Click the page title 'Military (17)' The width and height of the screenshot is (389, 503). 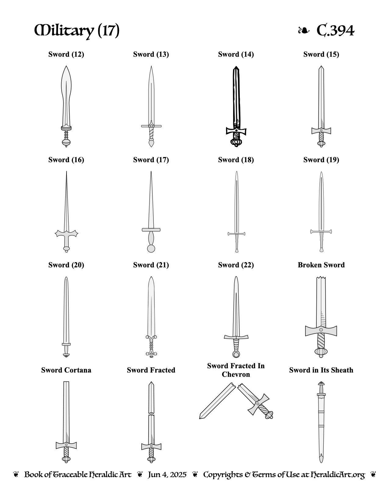77,30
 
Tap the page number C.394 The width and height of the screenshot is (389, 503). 335,30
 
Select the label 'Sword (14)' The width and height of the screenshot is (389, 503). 236,54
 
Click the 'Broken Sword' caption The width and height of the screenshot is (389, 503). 321,265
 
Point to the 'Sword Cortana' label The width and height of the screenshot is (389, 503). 66,370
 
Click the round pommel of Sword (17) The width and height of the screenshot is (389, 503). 151,249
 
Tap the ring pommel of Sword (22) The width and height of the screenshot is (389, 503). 236,355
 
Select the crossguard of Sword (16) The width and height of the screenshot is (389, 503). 67,234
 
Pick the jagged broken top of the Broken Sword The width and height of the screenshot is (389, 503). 321,278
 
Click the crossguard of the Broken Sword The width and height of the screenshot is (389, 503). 321,330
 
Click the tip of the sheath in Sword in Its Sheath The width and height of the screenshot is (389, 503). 321,462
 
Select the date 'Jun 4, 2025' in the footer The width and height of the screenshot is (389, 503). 167,475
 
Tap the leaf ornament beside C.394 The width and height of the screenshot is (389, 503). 304,30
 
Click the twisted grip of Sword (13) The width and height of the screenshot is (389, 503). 151,133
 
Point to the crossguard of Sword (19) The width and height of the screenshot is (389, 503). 321,231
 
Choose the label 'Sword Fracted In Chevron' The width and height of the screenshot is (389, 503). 236,370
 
